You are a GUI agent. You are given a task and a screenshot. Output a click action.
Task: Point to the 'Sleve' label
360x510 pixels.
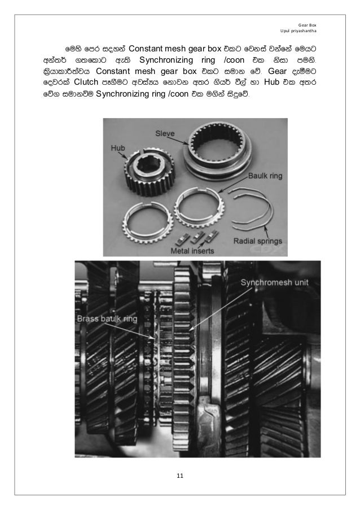(165, 133)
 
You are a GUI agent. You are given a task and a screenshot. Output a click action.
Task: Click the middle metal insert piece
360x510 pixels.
(198, 235)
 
